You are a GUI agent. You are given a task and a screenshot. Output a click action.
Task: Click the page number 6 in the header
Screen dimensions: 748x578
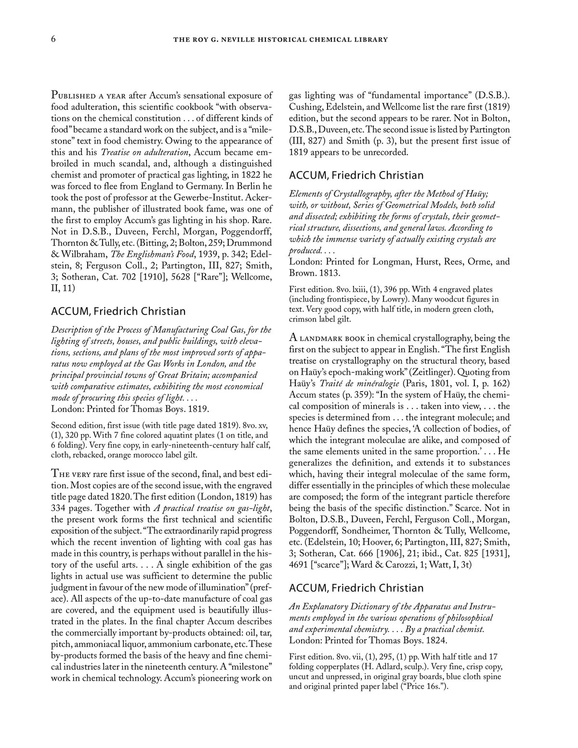53,39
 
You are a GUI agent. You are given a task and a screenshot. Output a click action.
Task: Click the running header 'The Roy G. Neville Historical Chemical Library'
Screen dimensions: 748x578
280,39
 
